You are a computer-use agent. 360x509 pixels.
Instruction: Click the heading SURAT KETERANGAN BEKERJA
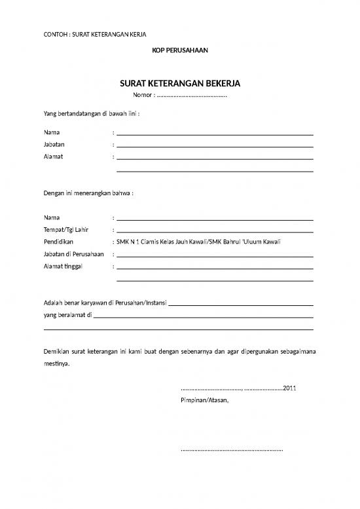180,84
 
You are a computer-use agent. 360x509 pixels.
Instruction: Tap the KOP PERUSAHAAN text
180,50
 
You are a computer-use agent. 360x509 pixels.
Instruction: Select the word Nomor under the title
142,96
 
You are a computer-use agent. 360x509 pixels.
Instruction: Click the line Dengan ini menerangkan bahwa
88,194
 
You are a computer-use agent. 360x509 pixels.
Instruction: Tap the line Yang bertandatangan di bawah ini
91,113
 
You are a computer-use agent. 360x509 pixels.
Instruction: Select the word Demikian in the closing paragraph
58,351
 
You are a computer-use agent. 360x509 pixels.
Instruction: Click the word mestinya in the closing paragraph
58,364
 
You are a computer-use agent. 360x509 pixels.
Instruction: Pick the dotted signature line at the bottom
231,451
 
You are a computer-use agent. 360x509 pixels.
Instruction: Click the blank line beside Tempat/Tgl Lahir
215,231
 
